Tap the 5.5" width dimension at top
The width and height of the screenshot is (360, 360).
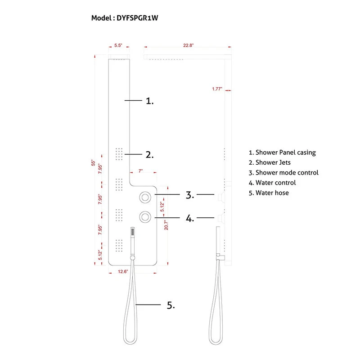point(118,45)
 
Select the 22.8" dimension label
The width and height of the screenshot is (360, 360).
point(188,45)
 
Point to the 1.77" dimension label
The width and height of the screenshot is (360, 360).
point(217,89)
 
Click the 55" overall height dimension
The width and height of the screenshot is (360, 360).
point(93,163)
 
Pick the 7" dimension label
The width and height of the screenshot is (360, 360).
point(140,171)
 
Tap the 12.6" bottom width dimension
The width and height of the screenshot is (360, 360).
point(123,272)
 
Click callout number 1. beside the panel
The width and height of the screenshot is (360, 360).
point(150,101)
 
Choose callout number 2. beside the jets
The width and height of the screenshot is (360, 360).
point(150,155)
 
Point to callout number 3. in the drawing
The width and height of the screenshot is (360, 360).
point(190,195)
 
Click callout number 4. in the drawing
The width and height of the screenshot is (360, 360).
point(190,219)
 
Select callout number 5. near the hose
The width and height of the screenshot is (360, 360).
point(171,305)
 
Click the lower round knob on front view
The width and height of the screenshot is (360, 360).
point(146,217)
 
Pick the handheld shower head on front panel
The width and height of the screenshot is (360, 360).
point(132,234)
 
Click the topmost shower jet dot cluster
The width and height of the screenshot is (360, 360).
point(120,153)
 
